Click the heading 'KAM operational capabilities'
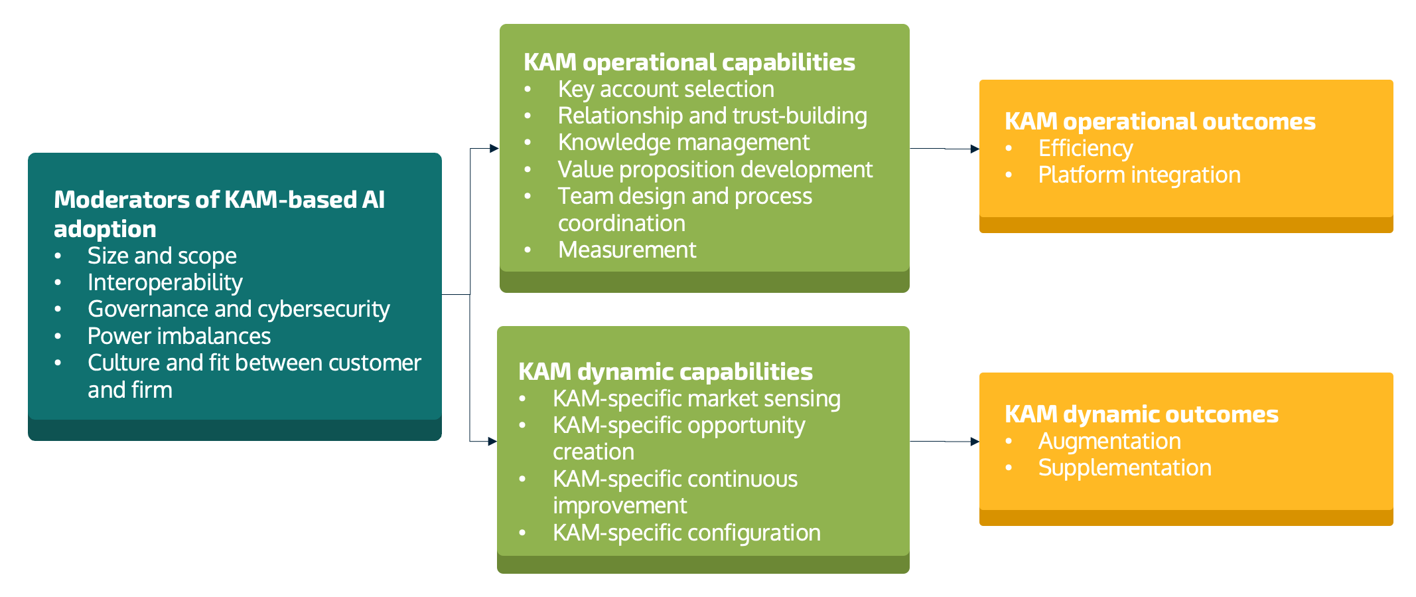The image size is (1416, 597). pos(689,62)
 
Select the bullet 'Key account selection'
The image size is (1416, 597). pos(666,90)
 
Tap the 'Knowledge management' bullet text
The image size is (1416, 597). pos(683,143)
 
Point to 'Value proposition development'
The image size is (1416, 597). pos(715,170)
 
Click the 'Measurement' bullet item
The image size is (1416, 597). pos(627,250)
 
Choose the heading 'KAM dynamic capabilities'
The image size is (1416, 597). pos(665,372)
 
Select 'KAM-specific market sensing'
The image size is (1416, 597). pos(696,399)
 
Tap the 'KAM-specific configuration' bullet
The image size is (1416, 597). pos(686,533)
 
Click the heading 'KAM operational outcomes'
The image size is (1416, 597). pos(1159,122)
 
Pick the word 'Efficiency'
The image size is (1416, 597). pos(1085,149)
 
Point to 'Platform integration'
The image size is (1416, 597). pos(1139,175)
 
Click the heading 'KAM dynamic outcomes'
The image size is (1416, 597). pos(1141,415)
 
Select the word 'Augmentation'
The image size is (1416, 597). pos(1109,442)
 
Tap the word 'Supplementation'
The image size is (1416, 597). pos(1124,468)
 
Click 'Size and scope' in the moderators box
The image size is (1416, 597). pos(162,256)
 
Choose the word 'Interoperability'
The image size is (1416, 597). pos(165,283)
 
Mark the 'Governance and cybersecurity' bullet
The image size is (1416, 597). pos(238,309)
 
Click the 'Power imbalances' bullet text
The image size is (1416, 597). pos(178,337)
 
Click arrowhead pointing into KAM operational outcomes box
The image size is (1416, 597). pos(974,149)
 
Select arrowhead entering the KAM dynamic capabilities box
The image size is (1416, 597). pos(492,441)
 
